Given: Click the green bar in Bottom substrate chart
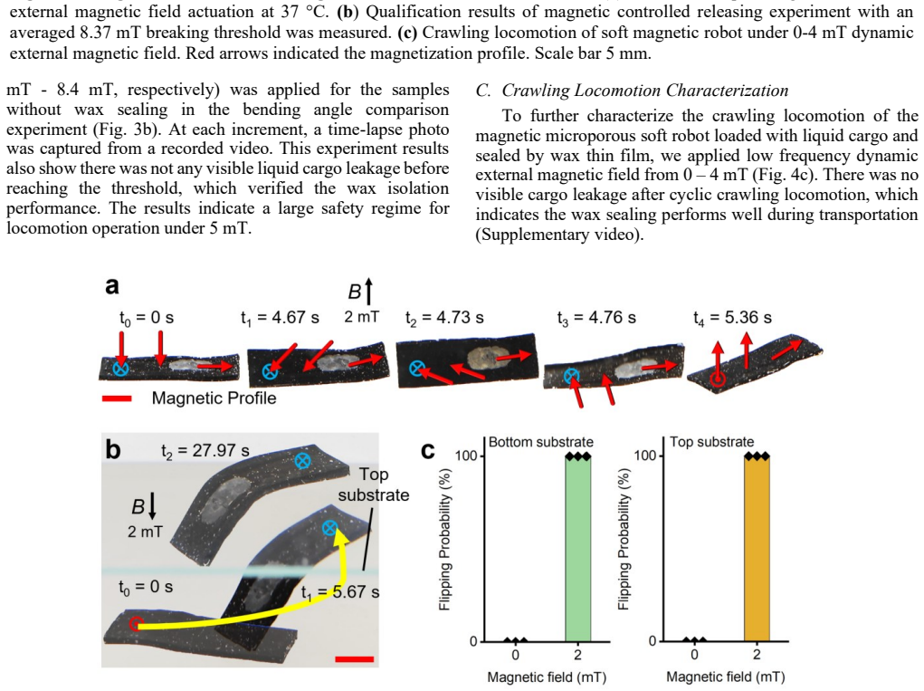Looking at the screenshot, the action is (577, 549).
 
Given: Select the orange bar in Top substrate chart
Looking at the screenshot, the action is (757, 549).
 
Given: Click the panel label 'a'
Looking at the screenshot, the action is (112, 286).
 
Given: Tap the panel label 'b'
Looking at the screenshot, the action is (112, 450).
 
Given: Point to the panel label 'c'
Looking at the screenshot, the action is (428, 451).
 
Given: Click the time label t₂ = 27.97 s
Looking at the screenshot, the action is (205, 451).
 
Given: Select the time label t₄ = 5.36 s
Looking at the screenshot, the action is (732, 319).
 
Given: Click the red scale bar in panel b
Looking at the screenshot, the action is (354, 658).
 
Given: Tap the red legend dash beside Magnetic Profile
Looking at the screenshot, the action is (117, 399).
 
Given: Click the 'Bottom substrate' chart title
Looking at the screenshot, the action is (541, 442).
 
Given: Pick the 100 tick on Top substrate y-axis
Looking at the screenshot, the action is (645, 456).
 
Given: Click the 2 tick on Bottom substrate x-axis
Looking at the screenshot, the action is (577, 655).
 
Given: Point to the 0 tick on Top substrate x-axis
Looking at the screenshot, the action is (694, 655).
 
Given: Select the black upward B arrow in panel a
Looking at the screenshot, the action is (369, 292).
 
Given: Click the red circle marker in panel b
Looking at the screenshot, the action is (136, 623).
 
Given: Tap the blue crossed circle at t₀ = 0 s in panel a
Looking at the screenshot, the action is (120, 369).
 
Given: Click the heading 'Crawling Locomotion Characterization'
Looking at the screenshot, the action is (644, 91).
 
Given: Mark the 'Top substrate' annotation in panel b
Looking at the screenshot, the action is (374, 484).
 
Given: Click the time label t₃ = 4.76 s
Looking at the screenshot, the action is (596, 319).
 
